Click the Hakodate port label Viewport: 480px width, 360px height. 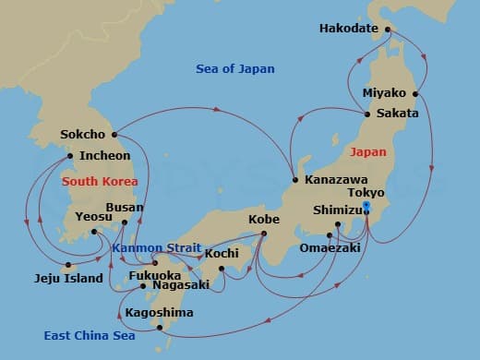pos(349,29)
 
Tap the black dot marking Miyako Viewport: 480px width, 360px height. pos(416,93)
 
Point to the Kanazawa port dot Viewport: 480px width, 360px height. pos(294,179)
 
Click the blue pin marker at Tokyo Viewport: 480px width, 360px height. pos(366,207)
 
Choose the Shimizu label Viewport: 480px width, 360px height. pos(341,210)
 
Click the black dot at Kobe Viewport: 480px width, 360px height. pos(263,234)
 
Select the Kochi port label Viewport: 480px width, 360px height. pos(222,253)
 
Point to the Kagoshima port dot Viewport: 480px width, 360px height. pos(161,327)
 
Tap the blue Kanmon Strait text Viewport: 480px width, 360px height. pos(152,247)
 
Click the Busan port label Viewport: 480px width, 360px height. pos(125,208)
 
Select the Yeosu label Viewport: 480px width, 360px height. pos(93,217)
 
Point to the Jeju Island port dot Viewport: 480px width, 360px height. pos(67,266)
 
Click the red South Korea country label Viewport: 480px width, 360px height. pos(100,182)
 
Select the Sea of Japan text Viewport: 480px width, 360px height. pos(235,69)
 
